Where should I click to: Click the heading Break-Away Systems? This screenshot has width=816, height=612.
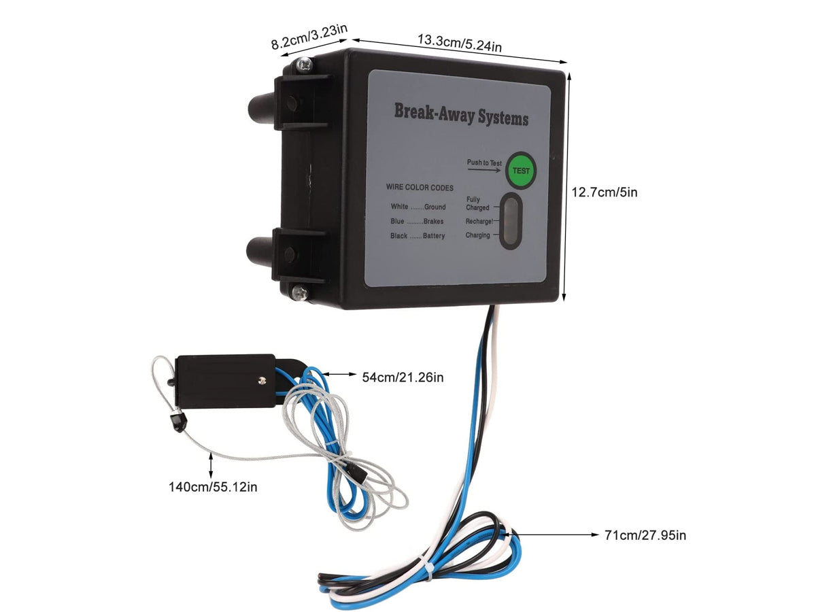[461, 114]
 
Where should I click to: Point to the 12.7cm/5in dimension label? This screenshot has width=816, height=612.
[604, 192]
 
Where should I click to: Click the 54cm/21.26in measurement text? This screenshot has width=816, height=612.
[403, 376]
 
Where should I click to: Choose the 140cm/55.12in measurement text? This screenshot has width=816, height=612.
[213, 486]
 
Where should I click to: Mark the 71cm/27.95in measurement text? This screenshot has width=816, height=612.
[645, 535]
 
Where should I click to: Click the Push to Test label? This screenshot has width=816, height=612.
[484, 163]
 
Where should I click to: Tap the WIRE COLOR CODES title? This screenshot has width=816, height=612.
[420, 188]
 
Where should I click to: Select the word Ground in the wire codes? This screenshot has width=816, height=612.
[435, 207]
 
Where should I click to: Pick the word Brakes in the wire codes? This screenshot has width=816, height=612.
[433, 222]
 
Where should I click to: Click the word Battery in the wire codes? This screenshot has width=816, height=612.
[433, 236]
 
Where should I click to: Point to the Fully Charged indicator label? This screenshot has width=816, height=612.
[477, 203]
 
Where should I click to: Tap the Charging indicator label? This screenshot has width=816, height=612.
[477, 235]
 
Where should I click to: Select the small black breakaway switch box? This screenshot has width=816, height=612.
[224, 381]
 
